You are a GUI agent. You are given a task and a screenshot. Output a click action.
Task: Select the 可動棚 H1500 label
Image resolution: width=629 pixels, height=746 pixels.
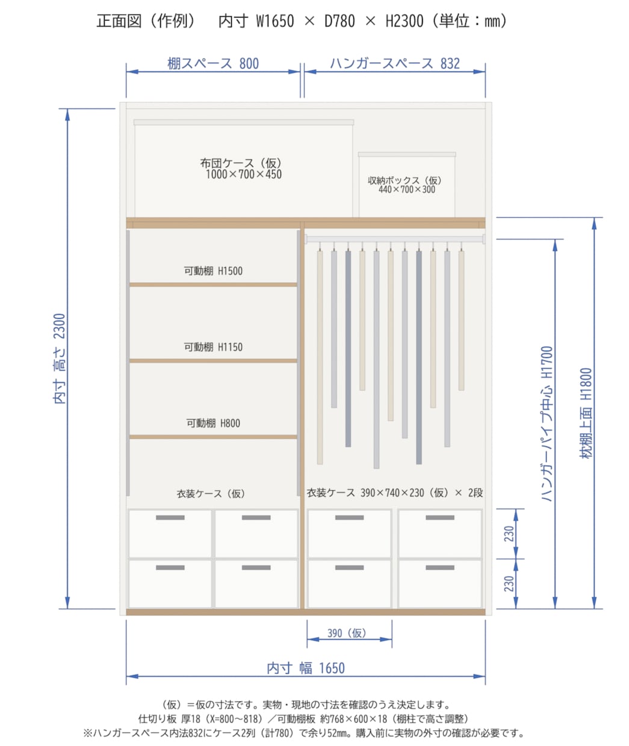coord(213,271)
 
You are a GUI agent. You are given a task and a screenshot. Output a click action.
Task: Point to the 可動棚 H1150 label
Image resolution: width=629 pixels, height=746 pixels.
coord(213,347)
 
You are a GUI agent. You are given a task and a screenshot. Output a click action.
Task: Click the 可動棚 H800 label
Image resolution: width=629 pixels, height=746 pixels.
coord(213,424)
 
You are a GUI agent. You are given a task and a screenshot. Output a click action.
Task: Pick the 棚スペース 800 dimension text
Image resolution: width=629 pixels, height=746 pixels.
coord(213,64)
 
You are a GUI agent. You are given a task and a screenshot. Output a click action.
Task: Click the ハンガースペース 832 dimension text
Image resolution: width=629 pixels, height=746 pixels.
coord(395,64)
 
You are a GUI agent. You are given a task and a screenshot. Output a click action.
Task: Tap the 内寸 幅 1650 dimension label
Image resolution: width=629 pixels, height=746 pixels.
coord(306,668)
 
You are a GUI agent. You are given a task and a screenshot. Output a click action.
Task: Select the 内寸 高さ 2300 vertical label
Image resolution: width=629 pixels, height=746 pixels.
coord(60,359)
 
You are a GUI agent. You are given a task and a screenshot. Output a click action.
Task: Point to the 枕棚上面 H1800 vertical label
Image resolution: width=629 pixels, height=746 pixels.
coord(586,413)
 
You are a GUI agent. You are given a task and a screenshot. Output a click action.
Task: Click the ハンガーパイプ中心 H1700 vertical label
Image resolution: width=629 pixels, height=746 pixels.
coord(547,424)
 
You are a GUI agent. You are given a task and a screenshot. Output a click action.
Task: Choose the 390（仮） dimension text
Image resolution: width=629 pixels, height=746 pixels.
coord(347,633)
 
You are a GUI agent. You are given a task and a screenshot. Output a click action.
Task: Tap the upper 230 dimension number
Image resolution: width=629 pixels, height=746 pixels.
coord(509,534)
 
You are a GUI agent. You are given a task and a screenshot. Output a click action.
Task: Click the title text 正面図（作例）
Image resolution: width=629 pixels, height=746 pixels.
coord(146,20)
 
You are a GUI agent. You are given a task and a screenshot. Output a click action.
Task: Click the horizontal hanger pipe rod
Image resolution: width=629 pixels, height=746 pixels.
coord(395,239)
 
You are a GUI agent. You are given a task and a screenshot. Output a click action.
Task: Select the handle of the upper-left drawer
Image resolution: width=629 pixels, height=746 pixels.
coord(170,517)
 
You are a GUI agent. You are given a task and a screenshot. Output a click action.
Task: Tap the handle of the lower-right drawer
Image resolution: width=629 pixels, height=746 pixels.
coord(440,567)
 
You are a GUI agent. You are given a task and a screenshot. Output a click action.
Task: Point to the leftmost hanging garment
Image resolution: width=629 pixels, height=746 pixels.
coord(320,357)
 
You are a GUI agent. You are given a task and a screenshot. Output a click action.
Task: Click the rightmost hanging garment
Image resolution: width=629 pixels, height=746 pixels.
coord(461,320)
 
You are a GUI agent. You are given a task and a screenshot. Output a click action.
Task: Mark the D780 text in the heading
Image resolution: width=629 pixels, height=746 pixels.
coord(339,21)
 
